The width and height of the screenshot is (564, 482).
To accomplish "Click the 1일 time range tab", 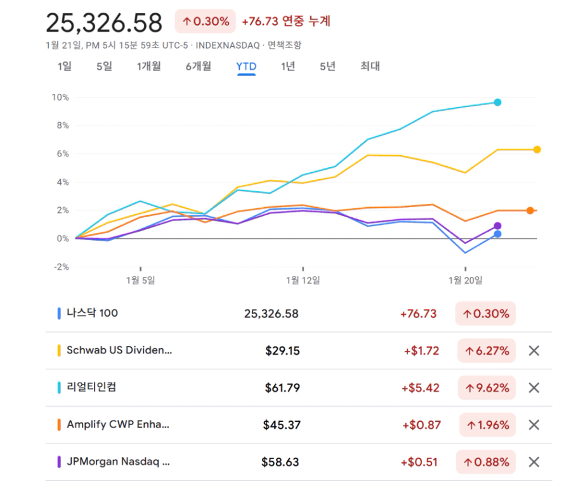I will click(x=64, y=67).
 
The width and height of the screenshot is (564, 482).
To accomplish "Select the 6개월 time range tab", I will click(x=199, y=67).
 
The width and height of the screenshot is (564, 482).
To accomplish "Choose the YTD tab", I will click(x=246, y=67).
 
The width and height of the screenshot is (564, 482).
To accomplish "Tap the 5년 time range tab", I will click(x=327, y=67).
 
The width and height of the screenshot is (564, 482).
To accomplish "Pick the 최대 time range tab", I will click(x=369, y=67).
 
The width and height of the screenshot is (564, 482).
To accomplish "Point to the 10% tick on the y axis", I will click(x=61, y=98).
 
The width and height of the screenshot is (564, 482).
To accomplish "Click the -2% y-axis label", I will click(x=61, y=267).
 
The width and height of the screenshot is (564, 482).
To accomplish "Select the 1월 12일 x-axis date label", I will click(x=303, y=279).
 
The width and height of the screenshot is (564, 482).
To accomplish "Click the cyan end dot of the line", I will click(x=498, y=102).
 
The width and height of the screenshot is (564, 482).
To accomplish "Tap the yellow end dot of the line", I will click(x=537, y=149).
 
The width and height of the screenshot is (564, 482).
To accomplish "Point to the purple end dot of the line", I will click(x=498, y=225).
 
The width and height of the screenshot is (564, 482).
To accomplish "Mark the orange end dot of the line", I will click(x=530, y=210).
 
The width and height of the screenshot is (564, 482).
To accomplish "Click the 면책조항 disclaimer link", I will click(x=284, y=45).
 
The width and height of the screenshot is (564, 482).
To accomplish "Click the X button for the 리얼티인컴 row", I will click(x=534, y=388).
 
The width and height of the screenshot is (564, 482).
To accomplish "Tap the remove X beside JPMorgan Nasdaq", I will click(x=534, y=462).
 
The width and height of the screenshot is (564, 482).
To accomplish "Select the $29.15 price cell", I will click(x=283, y=351).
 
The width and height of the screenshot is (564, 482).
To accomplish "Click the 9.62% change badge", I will click(x=487, y=388).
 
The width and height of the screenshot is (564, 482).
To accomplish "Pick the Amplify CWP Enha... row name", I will click(x=118, y=425).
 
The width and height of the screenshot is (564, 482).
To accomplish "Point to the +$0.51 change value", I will click(x=419, y=462).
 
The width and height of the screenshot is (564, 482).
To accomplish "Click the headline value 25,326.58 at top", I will click(x=105, y=23).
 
